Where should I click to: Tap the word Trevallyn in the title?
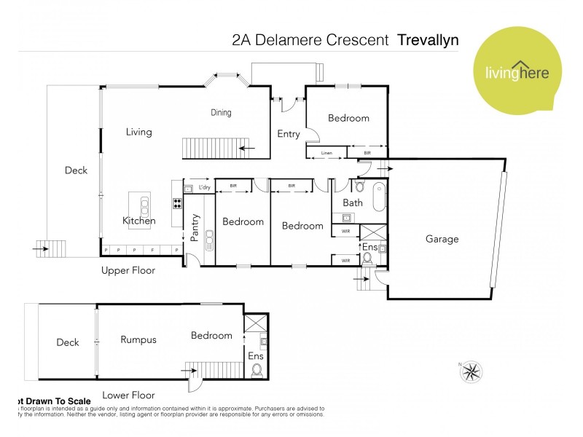point(428,40)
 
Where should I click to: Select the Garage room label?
point(442,238)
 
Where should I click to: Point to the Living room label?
point(138,132)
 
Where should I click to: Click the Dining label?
point(221,112)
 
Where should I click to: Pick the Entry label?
point(289,134)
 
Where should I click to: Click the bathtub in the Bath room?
point(377,198)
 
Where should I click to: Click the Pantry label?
point(195,227)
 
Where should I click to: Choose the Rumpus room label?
point(138,339)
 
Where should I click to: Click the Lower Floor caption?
point(128,395)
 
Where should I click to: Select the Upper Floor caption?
point(128,270)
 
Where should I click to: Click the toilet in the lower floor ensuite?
point(257,370)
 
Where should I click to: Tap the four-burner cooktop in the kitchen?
point(176,202)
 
